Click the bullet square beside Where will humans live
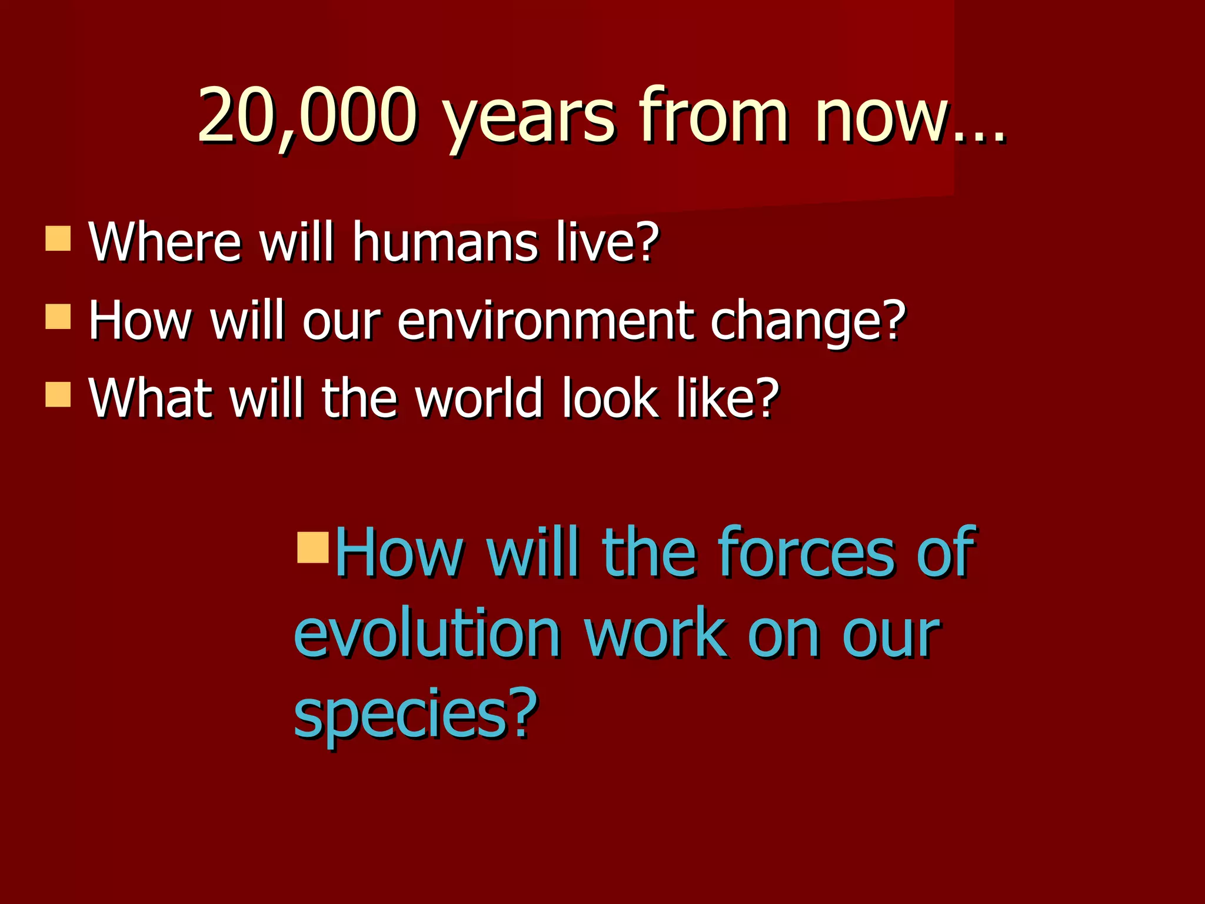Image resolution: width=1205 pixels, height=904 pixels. point(58,238)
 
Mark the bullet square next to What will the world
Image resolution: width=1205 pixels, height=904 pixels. point(58,395)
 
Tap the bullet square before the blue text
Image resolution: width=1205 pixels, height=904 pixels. point(312,548)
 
